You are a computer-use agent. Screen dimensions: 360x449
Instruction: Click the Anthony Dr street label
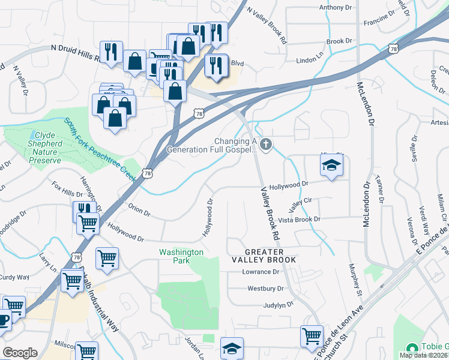pos(335,7)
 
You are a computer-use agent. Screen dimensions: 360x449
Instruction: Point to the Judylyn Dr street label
pos(277,305)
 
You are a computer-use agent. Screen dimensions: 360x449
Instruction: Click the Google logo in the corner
pos(20,353)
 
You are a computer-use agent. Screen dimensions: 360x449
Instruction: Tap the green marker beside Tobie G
pos(412,349)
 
